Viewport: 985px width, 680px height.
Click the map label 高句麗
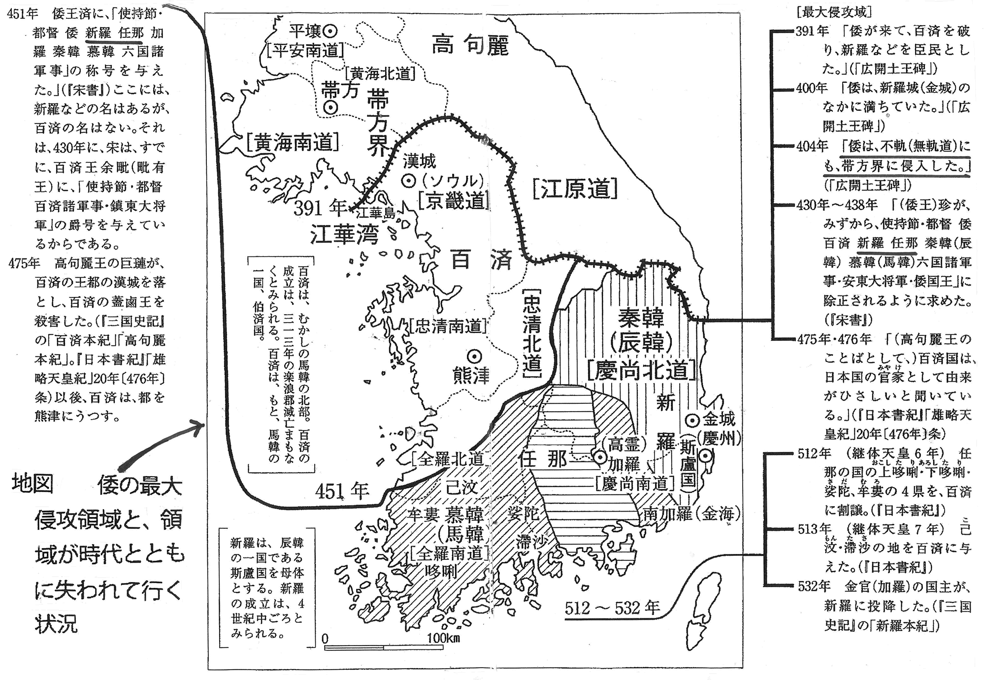pos(470,45)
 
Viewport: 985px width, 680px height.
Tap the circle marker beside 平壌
pos(329,32)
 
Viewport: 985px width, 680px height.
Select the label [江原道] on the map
pos(575,189)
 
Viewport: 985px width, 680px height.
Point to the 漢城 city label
pos(420,161)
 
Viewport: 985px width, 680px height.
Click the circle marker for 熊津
pos(474,356)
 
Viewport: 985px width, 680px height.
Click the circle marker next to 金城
pos(692,420)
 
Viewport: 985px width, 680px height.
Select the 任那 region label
pos(543,459)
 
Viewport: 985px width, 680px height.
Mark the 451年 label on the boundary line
pos(342,490)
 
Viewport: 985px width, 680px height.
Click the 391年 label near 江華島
pos(321,208)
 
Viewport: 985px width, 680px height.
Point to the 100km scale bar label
pos(443,638)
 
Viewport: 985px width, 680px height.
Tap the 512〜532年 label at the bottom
pos(612,608)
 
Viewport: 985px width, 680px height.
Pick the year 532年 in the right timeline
pos(814,586)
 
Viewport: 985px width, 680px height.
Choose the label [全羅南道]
pos(450,553)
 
